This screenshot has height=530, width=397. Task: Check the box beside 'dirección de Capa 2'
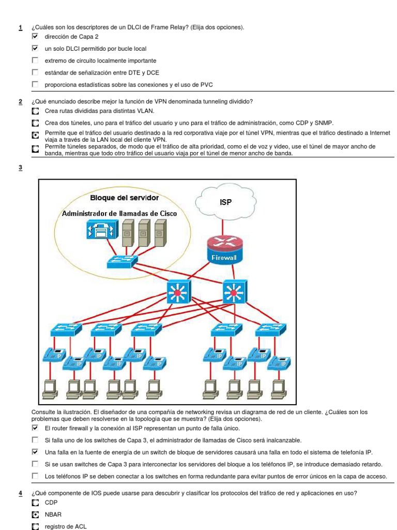tap(35, 37)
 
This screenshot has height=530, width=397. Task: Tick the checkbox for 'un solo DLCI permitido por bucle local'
tap(35, 49)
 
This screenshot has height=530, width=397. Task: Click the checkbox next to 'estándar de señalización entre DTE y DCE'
tap(35, 72)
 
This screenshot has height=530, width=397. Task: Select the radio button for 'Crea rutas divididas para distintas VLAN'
tap(35, 111)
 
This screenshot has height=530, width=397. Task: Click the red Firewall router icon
tap(224, 247)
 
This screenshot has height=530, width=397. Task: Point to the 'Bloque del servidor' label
tap(124, 198)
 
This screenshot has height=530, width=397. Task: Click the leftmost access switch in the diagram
tap(67, 329)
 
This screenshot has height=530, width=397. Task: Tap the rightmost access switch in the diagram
tap(270, 329)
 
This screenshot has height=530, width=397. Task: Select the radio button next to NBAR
tap(35, 515)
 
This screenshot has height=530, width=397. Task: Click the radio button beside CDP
tap(35, 503)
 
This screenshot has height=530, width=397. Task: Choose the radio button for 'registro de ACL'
tap(35, 526)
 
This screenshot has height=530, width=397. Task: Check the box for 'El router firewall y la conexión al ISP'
tap(35, 429)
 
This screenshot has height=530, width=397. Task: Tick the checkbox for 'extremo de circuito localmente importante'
tap(35, 61)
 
